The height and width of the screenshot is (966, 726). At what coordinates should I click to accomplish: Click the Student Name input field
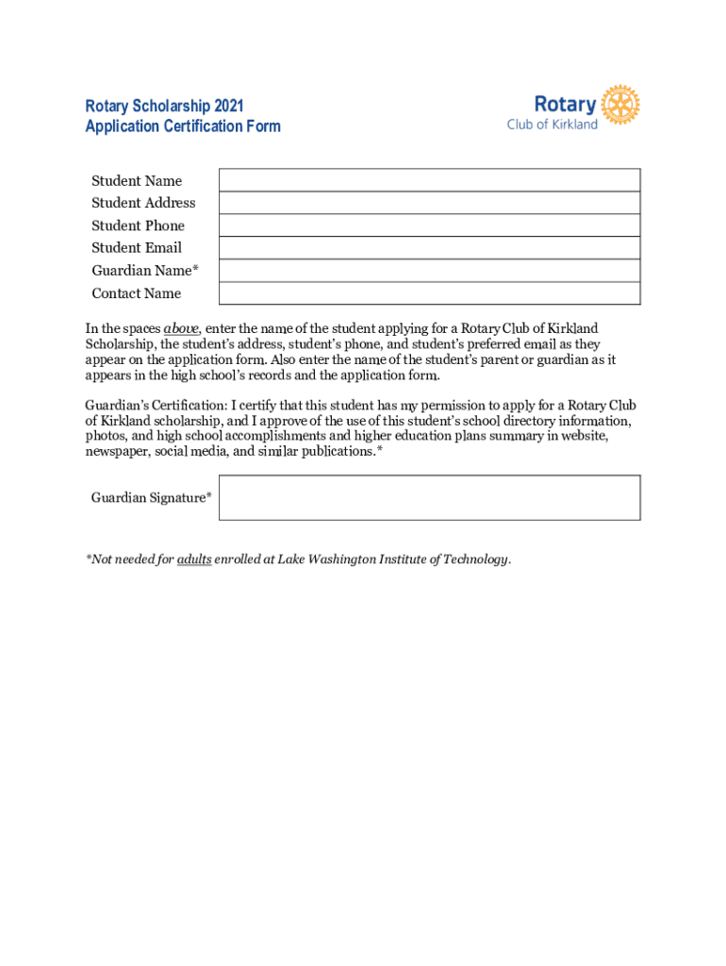coord(429,180)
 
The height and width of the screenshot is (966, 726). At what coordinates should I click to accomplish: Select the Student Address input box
coord(429,203)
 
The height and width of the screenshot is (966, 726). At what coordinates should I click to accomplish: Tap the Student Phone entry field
coord(429,225)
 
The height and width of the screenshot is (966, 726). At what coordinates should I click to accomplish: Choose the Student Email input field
coord(429,248)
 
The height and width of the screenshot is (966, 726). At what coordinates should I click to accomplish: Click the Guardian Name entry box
coord(429,271)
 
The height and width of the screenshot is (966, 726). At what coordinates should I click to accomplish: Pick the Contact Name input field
coord(429,293)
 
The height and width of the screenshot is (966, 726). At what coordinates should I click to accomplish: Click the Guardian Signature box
coord(429,497)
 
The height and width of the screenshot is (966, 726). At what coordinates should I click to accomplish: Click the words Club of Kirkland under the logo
coord(552,125)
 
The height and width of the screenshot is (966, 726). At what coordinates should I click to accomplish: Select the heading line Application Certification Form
coord(183,126)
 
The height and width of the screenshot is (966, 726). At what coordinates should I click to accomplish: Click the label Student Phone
coord(138,225)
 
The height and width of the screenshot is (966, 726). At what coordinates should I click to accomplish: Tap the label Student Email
coord(137,248)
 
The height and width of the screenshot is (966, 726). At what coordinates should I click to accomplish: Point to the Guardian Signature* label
coord(151,497)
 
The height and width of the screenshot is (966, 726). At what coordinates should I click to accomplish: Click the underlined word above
coord(181,329)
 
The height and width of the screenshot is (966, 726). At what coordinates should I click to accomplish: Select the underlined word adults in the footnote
coord(194,559)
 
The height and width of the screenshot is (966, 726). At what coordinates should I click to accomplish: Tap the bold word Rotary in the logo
coord(565,104)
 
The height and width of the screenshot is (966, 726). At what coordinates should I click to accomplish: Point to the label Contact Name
coord(136,293)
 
